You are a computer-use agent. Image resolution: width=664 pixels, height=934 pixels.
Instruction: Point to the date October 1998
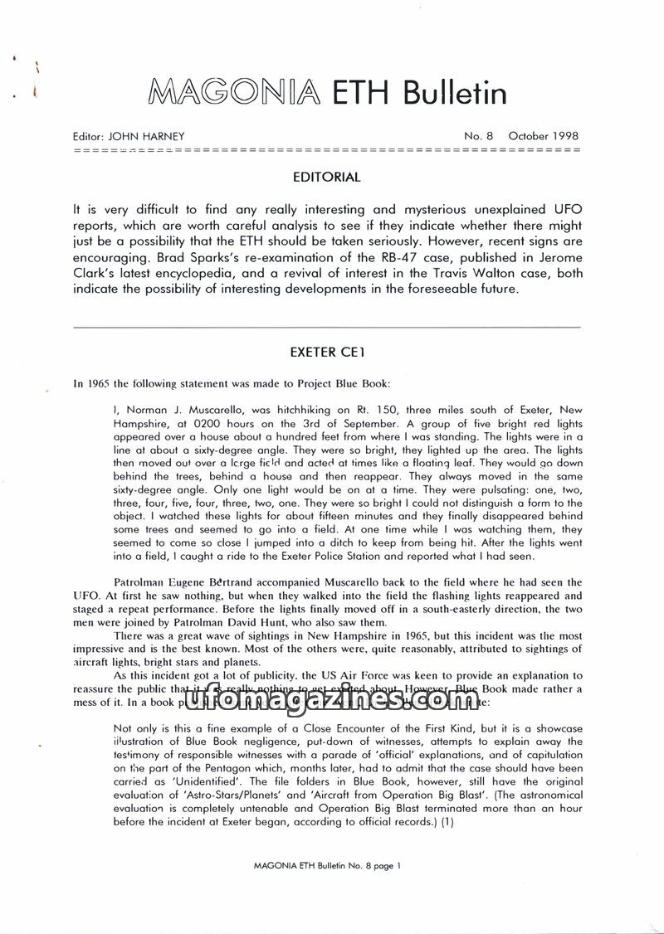pos(544,137)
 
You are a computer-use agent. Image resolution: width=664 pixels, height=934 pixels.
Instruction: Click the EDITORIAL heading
pos(326,178)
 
